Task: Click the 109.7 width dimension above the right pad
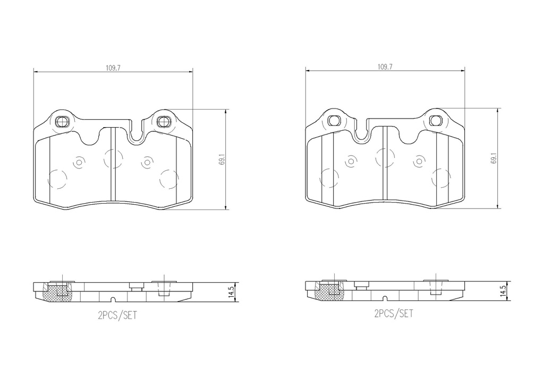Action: click(x=385, y=67)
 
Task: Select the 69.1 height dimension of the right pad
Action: click(x=493, y=160)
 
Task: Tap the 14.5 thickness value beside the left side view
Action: click(x=231, y=292)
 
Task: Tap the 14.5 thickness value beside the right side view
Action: click(x=502, y=292)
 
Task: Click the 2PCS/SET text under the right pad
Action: click(x=394, y=314)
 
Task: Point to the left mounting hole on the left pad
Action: click(x=61, y=122)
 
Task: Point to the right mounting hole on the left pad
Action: click(x=163, y=122)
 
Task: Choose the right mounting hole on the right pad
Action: click(x=435, y=121)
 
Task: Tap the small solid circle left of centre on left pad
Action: click(x=80, y=162)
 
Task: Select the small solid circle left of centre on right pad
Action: click(x=351, y=161)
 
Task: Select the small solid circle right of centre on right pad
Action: click(x=419, y=161)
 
